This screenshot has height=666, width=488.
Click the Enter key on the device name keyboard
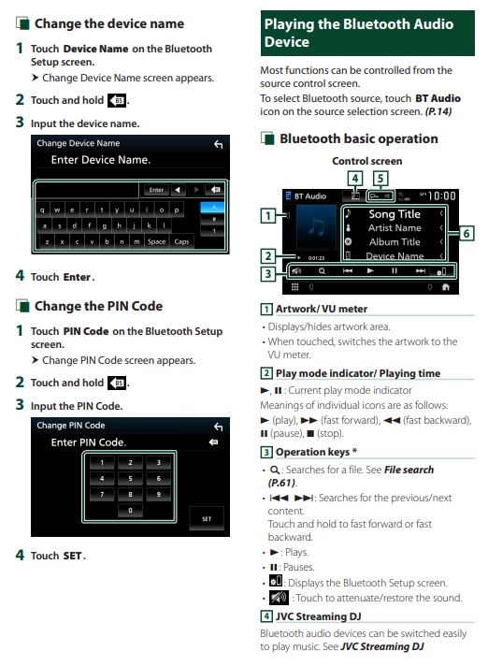[x=156, y=190]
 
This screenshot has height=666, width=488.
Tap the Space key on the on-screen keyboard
[x=156, y=241]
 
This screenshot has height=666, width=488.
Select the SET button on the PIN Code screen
[x=207, y=518]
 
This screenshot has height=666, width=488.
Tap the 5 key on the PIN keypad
[x=130, y=478]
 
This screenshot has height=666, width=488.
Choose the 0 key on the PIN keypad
[x=130, y=510]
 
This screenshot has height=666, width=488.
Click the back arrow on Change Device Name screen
[x=218, y=144]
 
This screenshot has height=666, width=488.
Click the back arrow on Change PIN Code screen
[x=218, y=427]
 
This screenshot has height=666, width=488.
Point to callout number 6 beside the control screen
[x=466, y=233]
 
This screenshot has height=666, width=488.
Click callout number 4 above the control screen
[x=354, y=179]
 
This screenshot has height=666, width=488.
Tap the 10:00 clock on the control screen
[x=442, y=195]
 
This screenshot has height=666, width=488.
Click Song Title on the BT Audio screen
[x=395, y=214]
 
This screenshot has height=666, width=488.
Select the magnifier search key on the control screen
[x=323, y=271]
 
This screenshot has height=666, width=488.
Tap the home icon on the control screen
[x=446, y=287]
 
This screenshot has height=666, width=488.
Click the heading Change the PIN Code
[x=98, y=306]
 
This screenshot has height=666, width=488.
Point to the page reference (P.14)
[x=438, y=111]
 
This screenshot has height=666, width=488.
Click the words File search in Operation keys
[x=409, y=470]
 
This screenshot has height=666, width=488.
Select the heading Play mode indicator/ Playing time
[x=358, y=373]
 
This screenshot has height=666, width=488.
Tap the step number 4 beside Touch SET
[x=20, y=555]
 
